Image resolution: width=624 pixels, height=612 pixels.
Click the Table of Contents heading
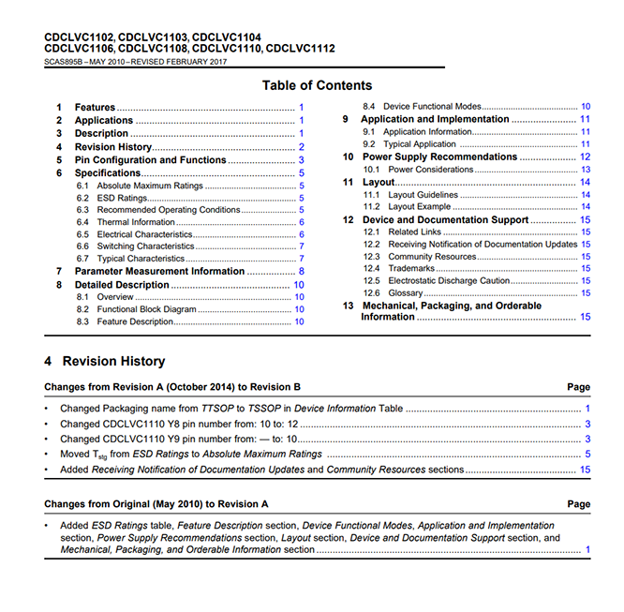(317, 85)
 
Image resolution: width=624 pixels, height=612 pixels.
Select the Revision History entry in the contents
(113, 147)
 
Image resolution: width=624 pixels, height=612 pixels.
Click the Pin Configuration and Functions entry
(150, 160)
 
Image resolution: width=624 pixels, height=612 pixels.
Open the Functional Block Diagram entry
(146, 309)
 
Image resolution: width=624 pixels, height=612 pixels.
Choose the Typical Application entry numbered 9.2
(421, 144)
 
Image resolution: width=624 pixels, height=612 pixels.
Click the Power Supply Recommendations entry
(438, 157)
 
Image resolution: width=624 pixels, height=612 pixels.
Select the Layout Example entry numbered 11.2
(419, 206)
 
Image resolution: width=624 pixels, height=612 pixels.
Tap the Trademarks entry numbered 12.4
(411, 268)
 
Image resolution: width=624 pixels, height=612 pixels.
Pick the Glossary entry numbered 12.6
(406, 292)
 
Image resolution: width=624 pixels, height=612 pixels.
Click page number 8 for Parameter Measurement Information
(301, 271)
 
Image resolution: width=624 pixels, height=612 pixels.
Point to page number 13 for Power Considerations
(585, 170)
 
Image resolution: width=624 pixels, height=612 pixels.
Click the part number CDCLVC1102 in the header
(80, 37)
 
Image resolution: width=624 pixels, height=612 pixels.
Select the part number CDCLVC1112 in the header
(300, 48)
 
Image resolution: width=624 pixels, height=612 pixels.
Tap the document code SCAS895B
(63, 62)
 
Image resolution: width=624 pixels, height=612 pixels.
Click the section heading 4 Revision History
(105, 362)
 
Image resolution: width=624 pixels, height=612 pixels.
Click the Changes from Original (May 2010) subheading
(156, 504)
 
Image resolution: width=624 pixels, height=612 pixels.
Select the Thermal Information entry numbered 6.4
(136, 222)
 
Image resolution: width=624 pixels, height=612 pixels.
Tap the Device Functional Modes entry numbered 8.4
(434, 107)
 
